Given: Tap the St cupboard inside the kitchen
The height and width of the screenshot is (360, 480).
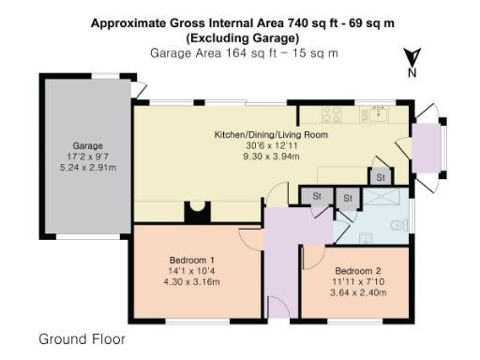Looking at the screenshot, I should coord(382,176).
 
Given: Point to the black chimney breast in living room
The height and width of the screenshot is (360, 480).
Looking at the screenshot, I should coord(196,212).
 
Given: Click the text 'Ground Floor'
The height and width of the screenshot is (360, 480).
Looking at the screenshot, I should coord(82,337).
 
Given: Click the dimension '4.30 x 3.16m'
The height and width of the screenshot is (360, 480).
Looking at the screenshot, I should coord(191,281).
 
